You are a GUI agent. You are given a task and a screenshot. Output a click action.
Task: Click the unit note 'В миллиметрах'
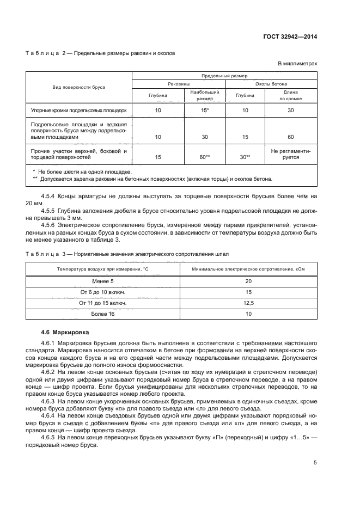297,64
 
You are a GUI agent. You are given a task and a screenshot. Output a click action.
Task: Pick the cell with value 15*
205,111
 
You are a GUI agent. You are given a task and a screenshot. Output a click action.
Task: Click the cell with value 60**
205,157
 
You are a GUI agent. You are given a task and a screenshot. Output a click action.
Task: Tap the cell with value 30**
245,157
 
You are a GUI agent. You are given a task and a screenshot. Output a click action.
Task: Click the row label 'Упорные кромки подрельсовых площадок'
78,111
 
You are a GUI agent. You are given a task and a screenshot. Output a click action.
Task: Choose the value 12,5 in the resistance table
248,302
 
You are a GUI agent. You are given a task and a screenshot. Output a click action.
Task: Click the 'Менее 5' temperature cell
103,281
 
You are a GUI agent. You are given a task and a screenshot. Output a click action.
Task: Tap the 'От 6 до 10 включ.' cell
103,292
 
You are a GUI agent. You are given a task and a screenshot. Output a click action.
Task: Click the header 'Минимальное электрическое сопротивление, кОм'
248,269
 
